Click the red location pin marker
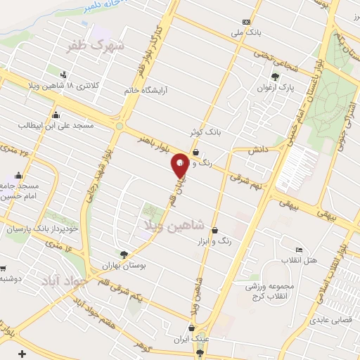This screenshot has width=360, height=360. [180, 165]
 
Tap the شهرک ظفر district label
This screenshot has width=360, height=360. [96, 46]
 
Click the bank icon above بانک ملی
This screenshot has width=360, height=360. [246, 22]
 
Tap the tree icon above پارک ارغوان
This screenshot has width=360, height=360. [275, 77]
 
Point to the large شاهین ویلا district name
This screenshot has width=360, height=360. [174, 224]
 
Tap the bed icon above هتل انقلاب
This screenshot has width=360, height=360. [299, 250]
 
